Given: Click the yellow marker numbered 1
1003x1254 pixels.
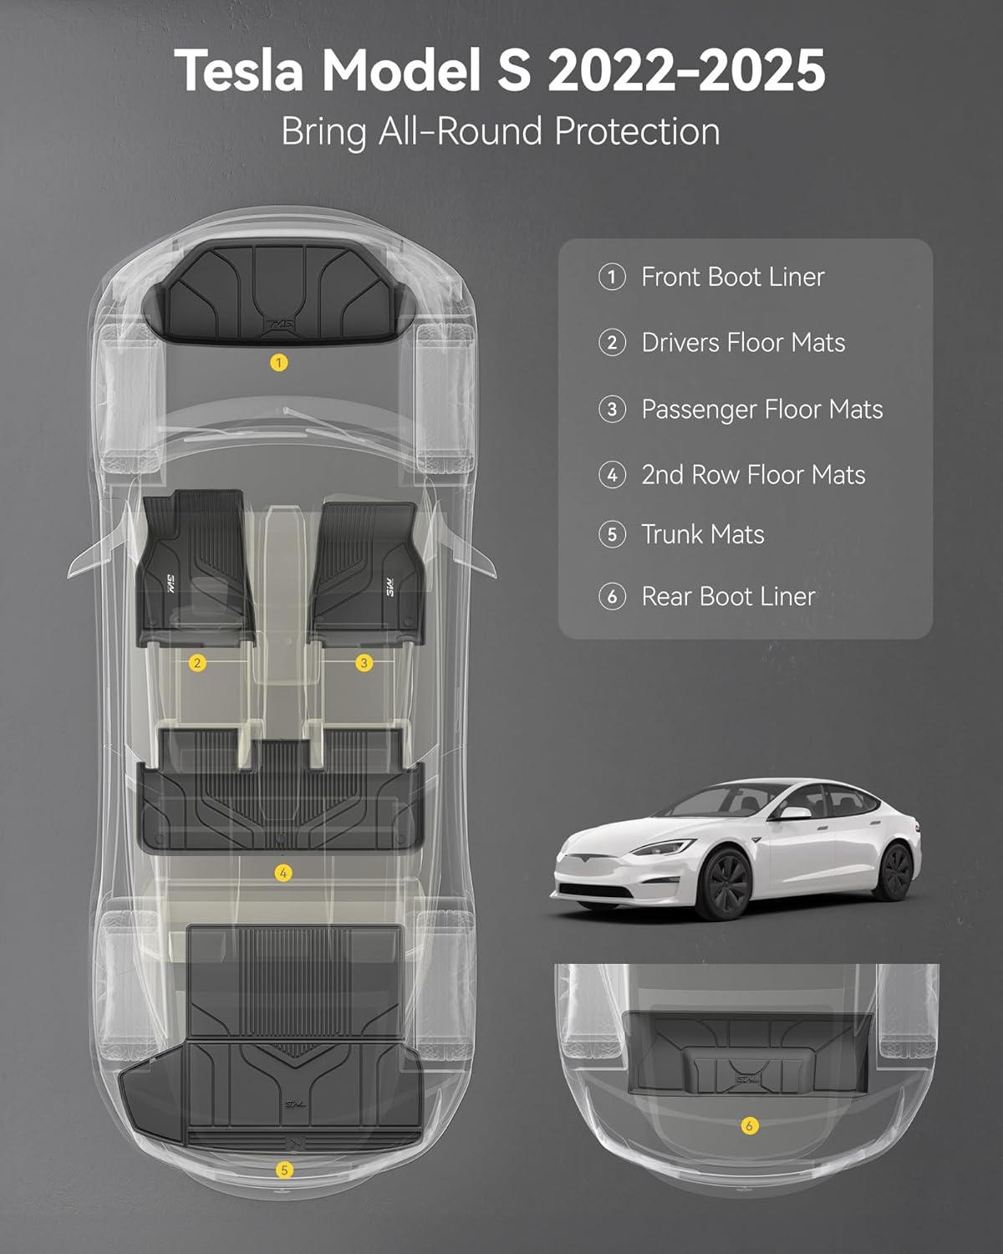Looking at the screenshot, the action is (x=279, y=363).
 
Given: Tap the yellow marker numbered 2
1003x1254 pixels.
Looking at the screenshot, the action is (x=198, y=663).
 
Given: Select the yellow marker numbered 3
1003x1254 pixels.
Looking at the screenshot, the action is (x=364, y=663).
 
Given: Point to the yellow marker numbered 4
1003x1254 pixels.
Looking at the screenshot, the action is (x=283, y=873).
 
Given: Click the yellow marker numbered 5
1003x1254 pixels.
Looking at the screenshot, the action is (x=284, y=1170).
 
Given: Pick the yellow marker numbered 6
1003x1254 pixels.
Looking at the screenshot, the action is (x=749, y=1126).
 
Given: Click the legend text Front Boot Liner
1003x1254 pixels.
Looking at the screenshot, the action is (x=732, y=277).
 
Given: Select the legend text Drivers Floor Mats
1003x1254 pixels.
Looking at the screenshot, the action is (x=743, y=343).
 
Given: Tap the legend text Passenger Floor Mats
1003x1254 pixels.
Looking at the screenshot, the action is (x=761, y=409).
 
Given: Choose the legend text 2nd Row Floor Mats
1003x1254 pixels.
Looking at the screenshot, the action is (x=752, y=475).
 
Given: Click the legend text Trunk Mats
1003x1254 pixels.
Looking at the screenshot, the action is (x=702, y=534).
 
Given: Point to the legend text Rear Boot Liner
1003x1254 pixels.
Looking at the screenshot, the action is (x=728, y=596).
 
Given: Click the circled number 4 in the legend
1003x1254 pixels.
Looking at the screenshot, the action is (x=613, y=475).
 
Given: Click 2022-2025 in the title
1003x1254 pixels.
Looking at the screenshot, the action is (x=686, y=70).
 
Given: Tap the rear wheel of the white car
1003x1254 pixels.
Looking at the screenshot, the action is (x=895, y=871).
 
